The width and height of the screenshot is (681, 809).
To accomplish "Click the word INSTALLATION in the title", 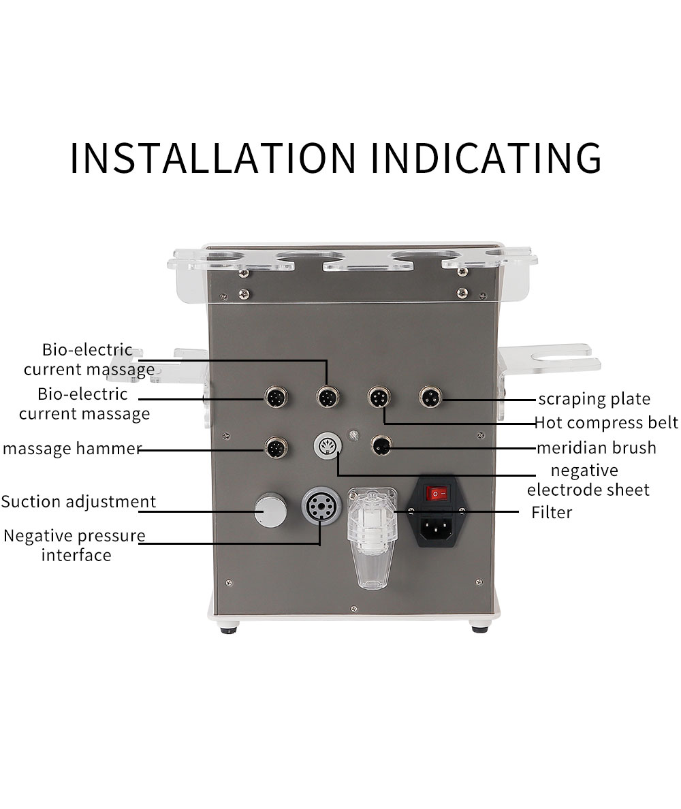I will coord(213,158).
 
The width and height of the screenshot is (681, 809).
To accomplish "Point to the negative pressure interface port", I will coord(319,505).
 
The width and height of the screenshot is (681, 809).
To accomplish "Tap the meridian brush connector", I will coord(381,446).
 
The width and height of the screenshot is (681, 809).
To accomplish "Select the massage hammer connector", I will coord(276,448).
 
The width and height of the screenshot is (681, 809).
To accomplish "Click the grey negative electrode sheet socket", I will coord(327,447).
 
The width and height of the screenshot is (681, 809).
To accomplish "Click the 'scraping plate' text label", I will coord(594,399).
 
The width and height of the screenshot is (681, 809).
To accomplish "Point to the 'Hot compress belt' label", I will coord(606,423).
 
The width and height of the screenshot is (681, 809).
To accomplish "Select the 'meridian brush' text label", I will coord(596,447).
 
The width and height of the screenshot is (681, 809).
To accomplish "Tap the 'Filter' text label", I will coord(552,512).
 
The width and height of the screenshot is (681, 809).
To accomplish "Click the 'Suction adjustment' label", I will coord(78,502).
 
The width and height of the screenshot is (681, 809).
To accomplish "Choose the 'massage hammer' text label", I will coord(71,449).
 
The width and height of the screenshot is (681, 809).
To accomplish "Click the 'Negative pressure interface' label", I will coord(75,545).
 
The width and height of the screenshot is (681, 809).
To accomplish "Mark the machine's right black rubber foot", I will coord(480,627).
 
